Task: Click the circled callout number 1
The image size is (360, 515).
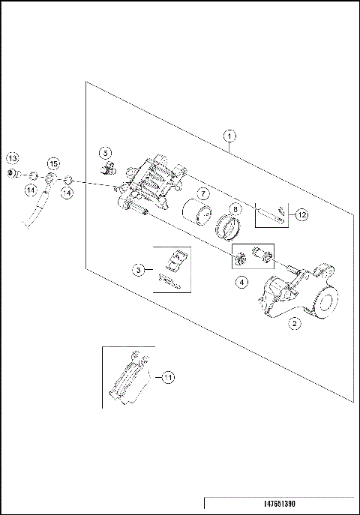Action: point(230,136)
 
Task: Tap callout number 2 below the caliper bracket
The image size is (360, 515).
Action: point(295,324)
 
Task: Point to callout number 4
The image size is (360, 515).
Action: point(242,283)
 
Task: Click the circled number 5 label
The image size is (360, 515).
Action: point(106,152)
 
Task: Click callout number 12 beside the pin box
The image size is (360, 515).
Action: point(301,215)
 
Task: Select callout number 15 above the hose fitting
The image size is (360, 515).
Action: point(52,164)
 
